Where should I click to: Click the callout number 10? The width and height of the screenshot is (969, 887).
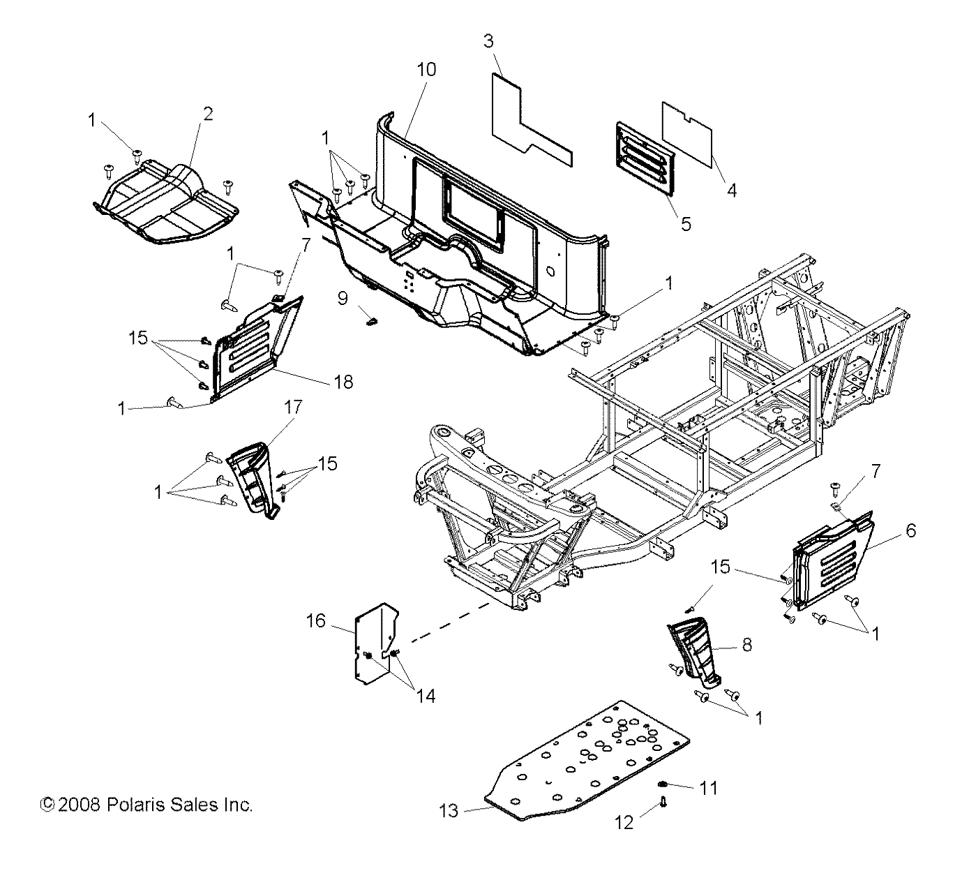point(426,69)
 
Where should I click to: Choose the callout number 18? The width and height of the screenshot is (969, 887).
point(343,382)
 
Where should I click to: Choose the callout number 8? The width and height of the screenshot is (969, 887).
point(746,644)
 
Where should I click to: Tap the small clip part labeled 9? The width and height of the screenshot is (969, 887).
point(372,321)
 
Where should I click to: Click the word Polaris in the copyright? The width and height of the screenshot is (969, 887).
point(134,805)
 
